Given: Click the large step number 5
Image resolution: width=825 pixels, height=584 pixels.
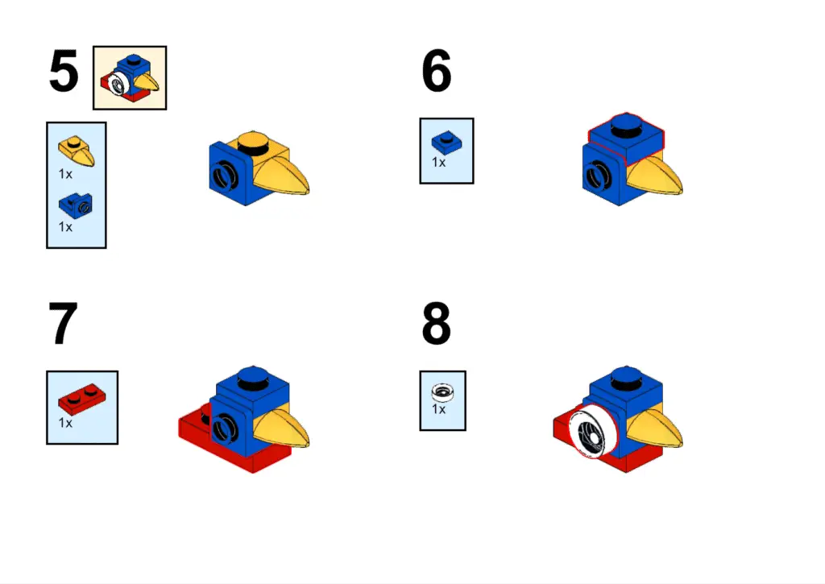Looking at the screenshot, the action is click(64, 71).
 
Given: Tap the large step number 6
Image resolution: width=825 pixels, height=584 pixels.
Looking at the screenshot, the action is click(436, 71).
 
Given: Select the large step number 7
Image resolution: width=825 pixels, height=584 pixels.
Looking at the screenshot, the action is click(63, 323).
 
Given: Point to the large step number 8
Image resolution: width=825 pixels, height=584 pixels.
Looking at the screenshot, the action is click(436, 323).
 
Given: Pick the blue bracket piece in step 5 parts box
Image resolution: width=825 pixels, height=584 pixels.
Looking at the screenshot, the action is click(76, 205).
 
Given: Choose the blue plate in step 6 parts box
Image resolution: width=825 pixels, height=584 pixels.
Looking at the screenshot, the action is click(446, 142).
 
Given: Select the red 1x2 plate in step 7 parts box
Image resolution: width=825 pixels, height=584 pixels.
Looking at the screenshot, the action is click(81, 399).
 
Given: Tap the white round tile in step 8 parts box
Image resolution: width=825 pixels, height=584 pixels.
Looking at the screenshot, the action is click(442, 392).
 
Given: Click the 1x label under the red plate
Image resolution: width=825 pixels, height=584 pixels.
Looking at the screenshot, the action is click(65, 423).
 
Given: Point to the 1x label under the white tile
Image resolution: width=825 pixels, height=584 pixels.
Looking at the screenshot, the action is click(439, 409).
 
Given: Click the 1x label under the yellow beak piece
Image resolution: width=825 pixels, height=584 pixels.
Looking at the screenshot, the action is click(65, 174).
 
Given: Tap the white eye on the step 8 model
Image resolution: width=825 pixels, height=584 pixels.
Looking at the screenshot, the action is click(592, 430).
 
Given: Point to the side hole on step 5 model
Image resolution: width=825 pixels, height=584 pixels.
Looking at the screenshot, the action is click(224, 176).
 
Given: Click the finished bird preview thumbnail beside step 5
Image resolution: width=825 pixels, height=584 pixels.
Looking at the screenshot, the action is click(130, 78).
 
